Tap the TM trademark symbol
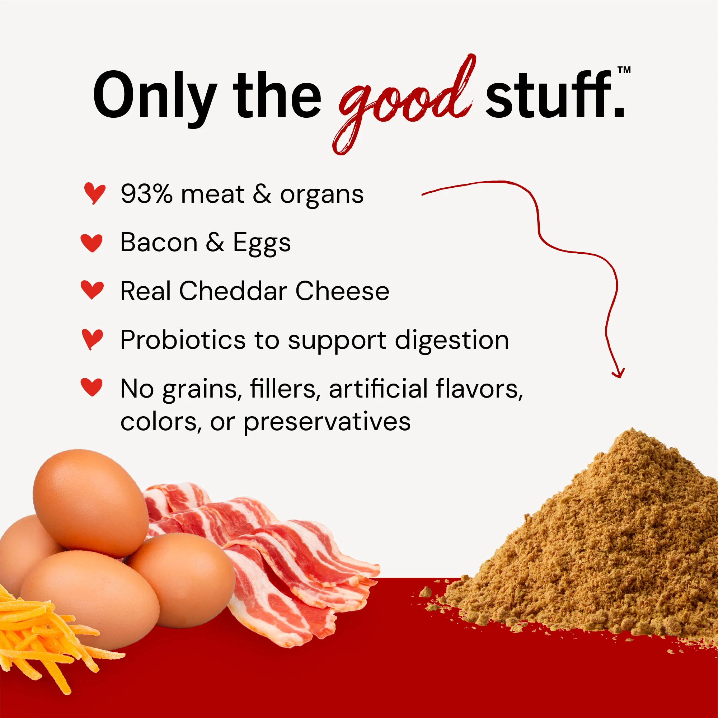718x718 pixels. pos(624,70)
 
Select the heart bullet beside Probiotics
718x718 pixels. pos(92,339)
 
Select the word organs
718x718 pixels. pos(322,195)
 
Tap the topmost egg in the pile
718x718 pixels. pos(91,502)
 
